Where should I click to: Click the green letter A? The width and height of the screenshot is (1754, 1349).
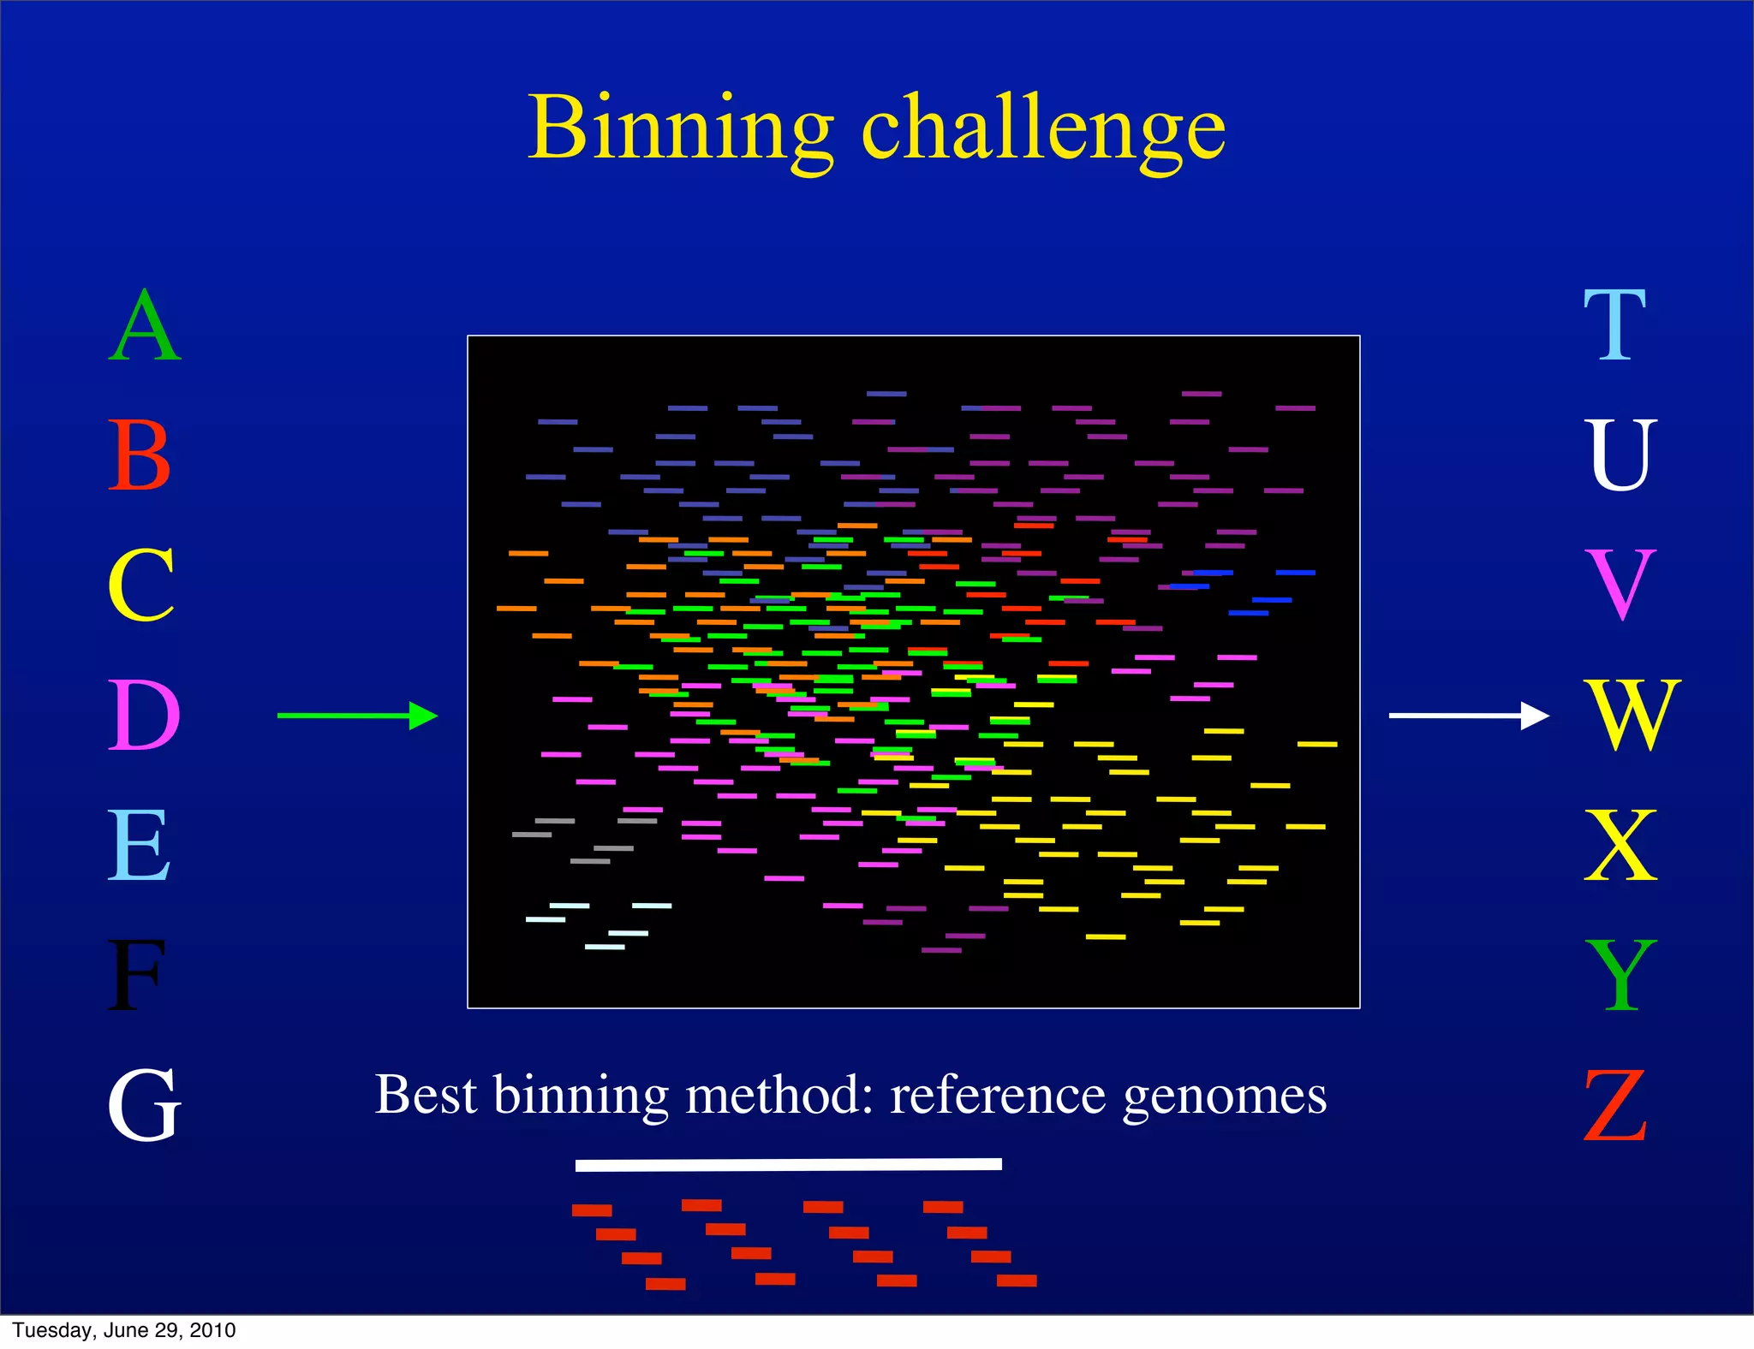click(x=144, y=326)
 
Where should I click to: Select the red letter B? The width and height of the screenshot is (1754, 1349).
click(x=140, y=455)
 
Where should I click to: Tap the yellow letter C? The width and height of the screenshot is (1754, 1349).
click(x=141, y=585)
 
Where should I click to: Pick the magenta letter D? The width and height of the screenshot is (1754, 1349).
click(x=143, y=716)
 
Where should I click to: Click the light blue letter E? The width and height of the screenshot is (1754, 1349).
click(x=139, y=846)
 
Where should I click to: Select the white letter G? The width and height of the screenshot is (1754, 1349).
click(x=144, y=1106)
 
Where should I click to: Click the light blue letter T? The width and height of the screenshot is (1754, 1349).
click(x=1614, y=326)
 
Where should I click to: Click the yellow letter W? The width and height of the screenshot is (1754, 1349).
click(x=1632, y=716)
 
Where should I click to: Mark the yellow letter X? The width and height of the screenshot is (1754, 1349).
click(x=1620, y=846)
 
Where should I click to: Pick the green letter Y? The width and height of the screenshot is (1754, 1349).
click(x=1620, y=976)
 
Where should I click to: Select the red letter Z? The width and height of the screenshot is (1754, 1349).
click(x=1615, y=1106)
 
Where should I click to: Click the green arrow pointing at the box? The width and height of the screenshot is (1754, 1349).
click(x=358, y=716)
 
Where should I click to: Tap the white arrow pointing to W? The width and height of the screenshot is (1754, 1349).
click(x=1468, y=716)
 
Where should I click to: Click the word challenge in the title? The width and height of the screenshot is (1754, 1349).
click(x=1043, y=130)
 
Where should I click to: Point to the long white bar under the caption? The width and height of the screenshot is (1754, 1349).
click(x=788, y=1164)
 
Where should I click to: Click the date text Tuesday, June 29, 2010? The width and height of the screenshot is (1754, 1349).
click(x=124, y=1330)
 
